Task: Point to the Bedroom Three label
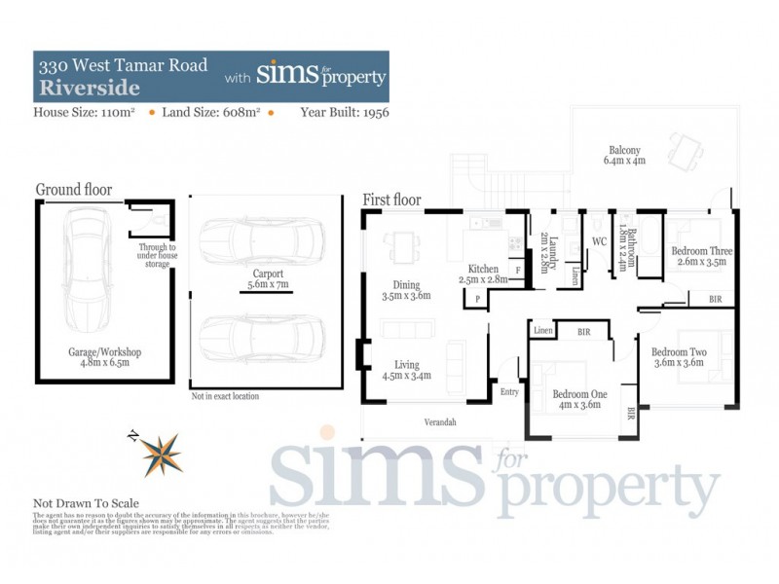click(701, 256)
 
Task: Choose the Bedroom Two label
click(679, 357)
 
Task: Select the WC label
click(600, 241)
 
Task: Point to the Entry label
click(509, 392)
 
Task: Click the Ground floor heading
click(73, 189)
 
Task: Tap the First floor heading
click(391, 200)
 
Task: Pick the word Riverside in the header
click(89, 88)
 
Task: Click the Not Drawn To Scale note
click(87, 503)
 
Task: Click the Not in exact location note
click(225, 396)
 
